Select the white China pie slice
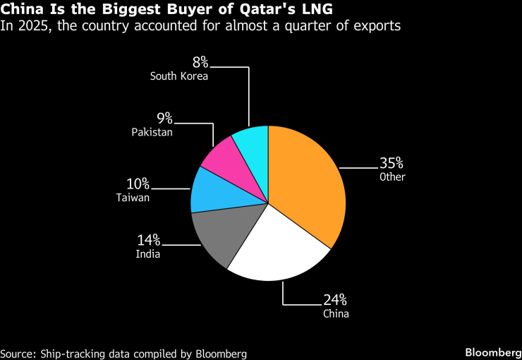point(279,251)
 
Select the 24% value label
point(336,300)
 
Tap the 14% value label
point(148,240)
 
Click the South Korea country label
point(178,76)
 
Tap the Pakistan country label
point(152,131)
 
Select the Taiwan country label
point(133,198)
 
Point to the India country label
point(148,253)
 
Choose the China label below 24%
point(336,314)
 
